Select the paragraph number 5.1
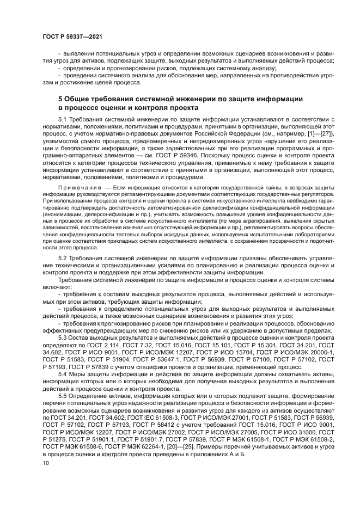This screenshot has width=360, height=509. click(x=62, y=118)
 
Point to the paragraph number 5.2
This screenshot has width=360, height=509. click(x=62, y=256)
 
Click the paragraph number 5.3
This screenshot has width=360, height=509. click(x=62, y=337)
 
